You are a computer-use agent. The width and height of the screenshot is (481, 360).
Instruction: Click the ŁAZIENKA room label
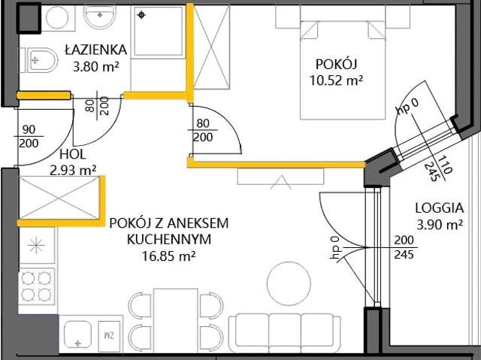click(x=95, y=50)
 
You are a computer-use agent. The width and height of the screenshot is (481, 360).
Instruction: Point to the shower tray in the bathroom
click(x=159, y=32)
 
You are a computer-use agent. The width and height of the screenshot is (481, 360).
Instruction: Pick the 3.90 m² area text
click(x=437, y=225)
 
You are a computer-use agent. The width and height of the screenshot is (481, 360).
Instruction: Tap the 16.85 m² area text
click(x=167, y=256)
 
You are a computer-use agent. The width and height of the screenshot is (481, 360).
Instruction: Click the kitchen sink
click(x=77, y=333)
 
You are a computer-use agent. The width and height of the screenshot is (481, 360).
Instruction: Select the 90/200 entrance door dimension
click(x=30, y=136)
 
